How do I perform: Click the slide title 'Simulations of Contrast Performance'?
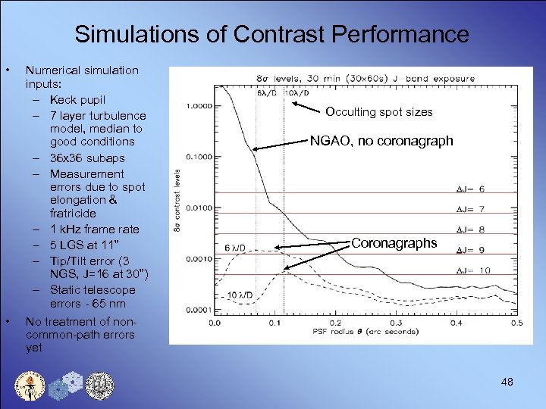tap(272, 34)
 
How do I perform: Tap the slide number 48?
tap(507, 382)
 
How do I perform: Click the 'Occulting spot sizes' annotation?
tap(379, 112)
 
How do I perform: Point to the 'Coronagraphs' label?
tap(394, 243)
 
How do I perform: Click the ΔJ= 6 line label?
tap(470, 189)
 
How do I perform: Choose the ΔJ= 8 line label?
tap(470, 229)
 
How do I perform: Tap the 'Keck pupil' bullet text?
tap(77, 99)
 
